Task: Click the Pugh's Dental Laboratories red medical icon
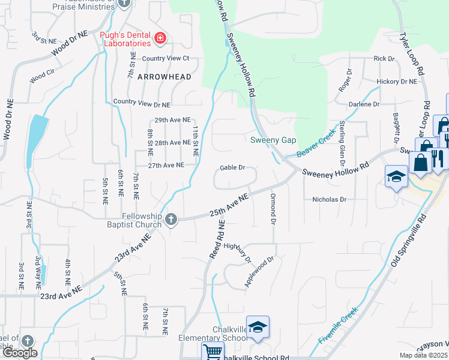[160, 40]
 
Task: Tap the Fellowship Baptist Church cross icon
[170, 220]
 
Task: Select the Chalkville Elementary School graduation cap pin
[258, 328]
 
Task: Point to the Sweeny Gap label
[273, 140]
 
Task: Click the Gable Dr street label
[232, 168]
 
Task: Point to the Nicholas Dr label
[329, 199]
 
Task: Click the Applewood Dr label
[259, 272]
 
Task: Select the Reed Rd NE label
[217, 238]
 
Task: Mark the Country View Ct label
[166, 58]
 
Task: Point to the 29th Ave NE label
[172, 120]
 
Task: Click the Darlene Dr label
[367, 104]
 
